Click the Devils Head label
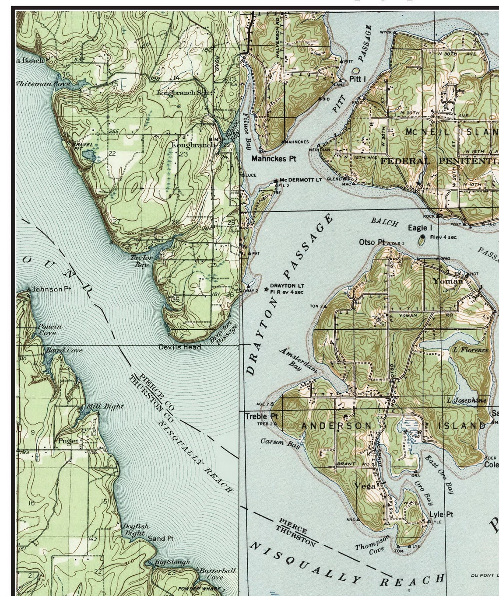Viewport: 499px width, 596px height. click(180, 347)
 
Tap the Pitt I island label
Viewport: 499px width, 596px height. click(358, 79)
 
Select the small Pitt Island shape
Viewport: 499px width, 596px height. click(355, 70)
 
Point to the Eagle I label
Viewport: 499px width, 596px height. click(420, 228)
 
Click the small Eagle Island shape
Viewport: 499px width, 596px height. click(422, 240)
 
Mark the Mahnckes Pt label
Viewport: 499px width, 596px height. click(274, 159)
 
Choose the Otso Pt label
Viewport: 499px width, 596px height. click(372, 242)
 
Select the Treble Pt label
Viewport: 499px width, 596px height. click(261, 416)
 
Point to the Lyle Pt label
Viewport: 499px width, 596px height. click(441, 515)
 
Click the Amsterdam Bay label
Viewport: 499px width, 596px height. click(298, 359)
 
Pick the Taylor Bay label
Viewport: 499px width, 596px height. click(141, 261)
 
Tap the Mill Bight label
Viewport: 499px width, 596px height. click(105, 406)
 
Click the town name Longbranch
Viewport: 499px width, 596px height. click(193, 145)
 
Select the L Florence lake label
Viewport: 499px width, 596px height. click(471, 350)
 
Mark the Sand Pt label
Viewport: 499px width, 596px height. click(161, 538)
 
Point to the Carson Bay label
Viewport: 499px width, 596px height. click(280, 443)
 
